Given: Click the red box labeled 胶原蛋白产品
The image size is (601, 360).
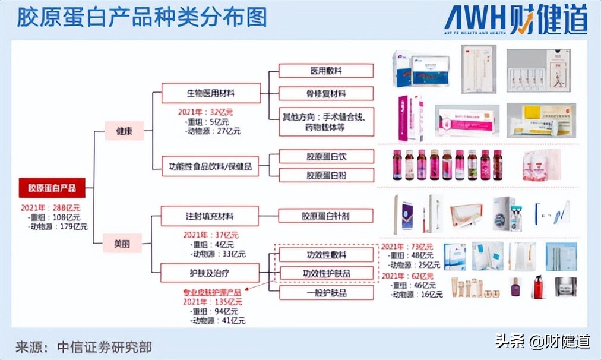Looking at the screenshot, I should pyautogui.click(x=52, y=188).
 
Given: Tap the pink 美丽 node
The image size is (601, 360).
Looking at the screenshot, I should pyautogui.click(x=125, y=244).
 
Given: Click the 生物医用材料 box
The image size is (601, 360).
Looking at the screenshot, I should pyautogui.click(x=211, y=93).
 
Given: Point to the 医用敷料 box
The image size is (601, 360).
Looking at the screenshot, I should pyautogui.click(x=326, y=71).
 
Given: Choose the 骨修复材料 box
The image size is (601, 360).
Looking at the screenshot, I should pyautogui.click(x=326, y=93).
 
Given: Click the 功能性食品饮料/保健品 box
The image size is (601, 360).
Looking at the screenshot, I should pyautogui.click(x=211, y=167).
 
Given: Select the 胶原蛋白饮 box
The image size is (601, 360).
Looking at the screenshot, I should pyautogui.click(x=326, y=157).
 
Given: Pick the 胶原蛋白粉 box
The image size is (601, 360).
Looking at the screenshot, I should pyautogui.click(x=326, y=175).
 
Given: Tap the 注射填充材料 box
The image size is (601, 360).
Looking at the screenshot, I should pyautogui.click(x=211, y=215).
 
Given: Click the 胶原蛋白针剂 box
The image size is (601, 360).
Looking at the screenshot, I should pyautogui.click(x=326, y=215).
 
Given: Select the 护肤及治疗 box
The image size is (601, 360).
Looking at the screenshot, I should pyautogui.click(x=211, y=273).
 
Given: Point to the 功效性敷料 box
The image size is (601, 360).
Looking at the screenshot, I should pyautogui.click(x=326, y=254).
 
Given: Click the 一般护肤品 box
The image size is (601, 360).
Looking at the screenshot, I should pyautogui.click(x=326, y=292).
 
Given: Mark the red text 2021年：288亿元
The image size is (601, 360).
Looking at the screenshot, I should pyautogui.click(x=50, y=208).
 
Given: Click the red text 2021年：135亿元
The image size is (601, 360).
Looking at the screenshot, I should pyautogui.click(x=213, y=302).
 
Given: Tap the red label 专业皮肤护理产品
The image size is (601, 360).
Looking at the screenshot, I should pyautogui.click(x=213, y=293).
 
